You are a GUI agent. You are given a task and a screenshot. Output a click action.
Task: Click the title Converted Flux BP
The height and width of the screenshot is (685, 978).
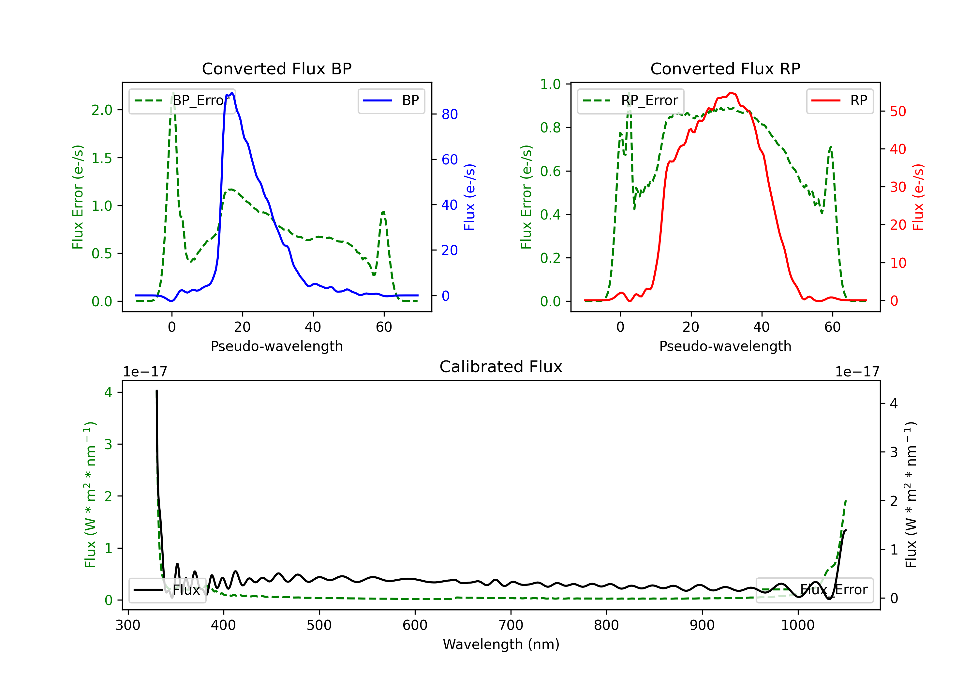point(276,68)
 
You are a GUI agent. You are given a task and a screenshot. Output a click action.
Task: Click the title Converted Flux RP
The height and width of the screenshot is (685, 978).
point(725,68)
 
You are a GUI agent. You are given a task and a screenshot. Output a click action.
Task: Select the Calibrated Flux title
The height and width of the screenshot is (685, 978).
point(501,367)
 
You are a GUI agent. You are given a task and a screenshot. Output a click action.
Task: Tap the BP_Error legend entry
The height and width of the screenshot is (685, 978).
point(182,100)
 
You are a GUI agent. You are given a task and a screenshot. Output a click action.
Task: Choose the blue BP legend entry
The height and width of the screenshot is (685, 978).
point(391,100)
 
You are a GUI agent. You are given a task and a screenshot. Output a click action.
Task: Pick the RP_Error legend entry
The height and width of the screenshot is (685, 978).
point(630,100)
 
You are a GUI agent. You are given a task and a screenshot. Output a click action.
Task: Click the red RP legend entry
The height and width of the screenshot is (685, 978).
point(839,100)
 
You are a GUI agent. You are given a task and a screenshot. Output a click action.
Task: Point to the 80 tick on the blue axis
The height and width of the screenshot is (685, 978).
point(449,114)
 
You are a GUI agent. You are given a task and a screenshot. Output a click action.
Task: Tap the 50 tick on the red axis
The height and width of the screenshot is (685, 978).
point(898,112)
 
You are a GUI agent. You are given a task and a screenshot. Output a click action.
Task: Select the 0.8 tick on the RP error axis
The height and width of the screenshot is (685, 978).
point(550,128)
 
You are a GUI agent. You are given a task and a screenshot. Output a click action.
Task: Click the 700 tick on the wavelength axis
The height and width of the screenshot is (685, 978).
point(511,625)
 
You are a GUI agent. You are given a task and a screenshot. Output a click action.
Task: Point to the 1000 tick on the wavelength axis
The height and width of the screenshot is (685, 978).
point(798,625)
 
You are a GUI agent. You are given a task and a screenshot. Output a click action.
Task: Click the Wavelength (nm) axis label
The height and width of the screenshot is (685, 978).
point(501,645)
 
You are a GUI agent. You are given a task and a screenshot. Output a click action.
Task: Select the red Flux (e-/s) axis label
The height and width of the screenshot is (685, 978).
point(918,197)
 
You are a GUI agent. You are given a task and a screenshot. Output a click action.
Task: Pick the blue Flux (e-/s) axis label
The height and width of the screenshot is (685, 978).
point(469,197)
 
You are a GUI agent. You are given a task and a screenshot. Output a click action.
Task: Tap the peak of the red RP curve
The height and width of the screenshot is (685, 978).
point(730,93)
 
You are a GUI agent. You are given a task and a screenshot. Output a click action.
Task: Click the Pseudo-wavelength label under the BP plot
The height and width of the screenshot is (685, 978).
point(276,346)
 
